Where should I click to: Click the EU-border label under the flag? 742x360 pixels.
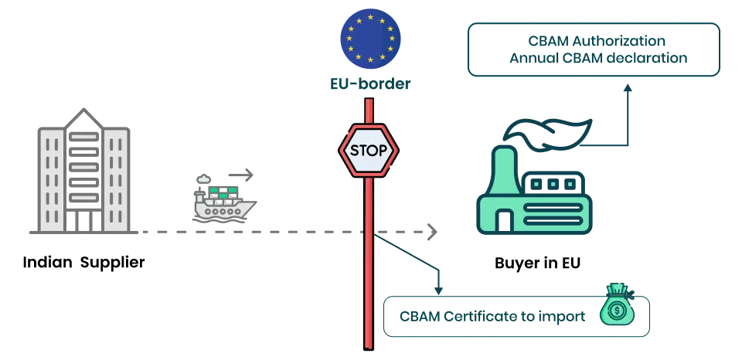point(370,83)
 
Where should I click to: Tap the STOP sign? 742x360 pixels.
point(369,150)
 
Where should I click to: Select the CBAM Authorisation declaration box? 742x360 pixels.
point(594,49)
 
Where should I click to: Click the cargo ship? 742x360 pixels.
point(223,202)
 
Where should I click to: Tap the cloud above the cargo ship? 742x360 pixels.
point(204,178)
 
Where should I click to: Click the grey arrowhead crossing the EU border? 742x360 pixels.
point(432,231)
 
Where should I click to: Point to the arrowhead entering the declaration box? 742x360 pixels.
point(629,90)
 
